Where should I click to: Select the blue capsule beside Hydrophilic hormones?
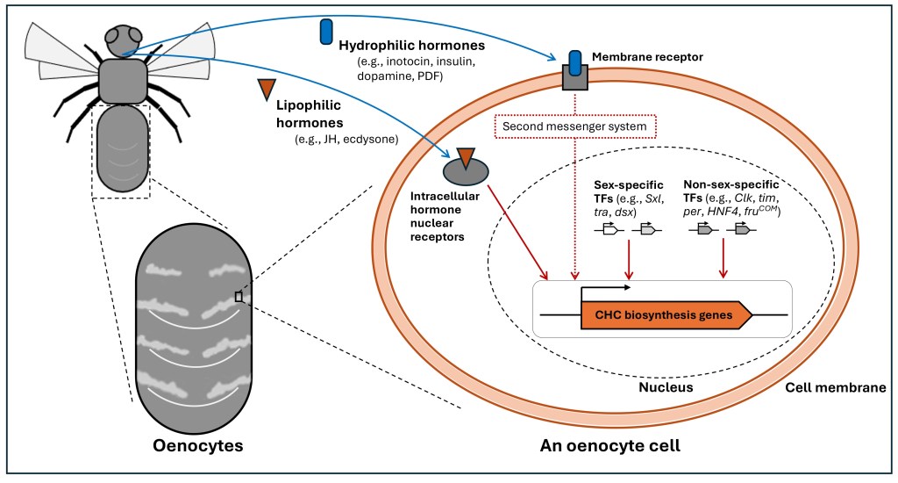(x=327, y=31)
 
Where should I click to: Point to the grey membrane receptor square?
(x=575, y=78)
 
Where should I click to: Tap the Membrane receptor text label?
(x=647, y=57)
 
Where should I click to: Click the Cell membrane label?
(x=835, y=387)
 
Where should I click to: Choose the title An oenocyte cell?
(x=609, y=445)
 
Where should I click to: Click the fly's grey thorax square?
(x=123, y=82)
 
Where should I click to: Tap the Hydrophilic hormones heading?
(x=411, y=44)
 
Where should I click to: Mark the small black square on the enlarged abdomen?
(x=238, y=298)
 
